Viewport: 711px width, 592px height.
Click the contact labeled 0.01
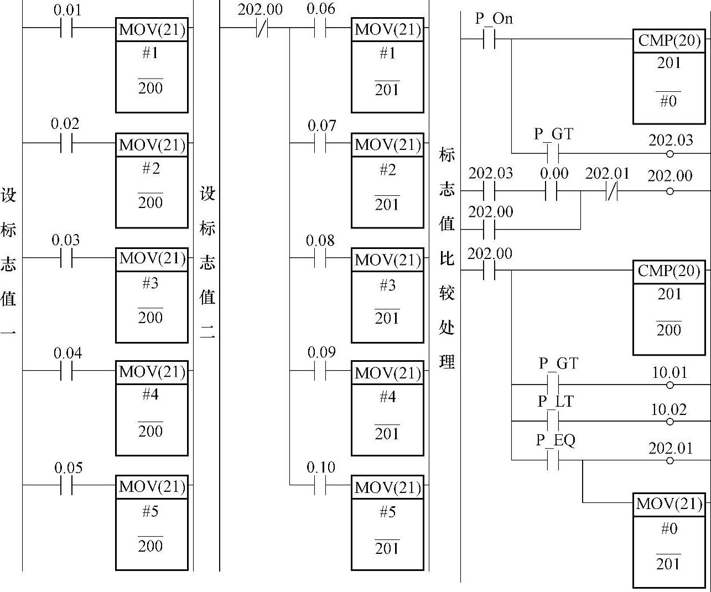pyautogui.click(x=66, y=27)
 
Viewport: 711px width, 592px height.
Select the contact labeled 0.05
pyautogui.click(x=66, y=485)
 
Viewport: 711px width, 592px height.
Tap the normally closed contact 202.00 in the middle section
pyautogui.click(x=262, y=27)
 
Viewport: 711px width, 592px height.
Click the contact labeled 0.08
pyautogui.click(x=320, y=258)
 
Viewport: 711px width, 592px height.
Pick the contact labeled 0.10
pyautogui.click(x=320, y=485)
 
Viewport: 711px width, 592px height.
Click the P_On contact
pyautogui.click(x=489, y=39)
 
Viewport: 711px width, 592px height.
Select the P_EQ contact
pyautogui.click(x=553, y=460)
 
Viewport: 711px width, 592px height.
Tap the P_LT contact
pyautogui.click(x=553, y=422)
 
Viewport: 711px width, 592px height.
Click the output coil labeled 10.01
pyautogui.click(x=670, y=385)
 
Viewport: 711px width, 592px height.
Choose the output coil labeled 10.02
pyautogui.click(x=670, y=422)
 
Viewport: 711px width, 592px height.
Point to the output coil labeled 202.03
pyautogui.click(x=670, y=153)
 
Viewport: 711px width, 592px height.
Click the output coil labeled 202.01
pyautogui.click(x=670, y=460)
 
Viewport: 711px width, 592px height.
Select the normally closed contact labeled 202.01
pyautogui.click(x=610, y=191)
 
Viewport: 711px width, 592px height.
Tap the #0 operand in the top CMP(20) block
pyautogui.click(x=668, y=101)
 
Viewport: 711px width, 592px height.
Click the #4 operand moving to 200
pyautogui.click(x=150, y=394)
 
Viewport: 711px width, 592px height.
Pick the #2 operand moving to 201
pyautogui.click(x=387, y=170)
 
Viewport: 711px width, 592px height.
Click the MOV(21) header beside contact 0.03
pyautogui.click(x=152, y=259)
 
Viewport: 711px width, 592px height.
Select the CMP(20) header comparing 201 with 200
pyautogui.click(x=669, y=271)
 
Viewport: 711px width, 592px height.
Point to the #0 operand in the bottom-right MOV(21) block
pyautogui.click(x=669, y=529)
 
